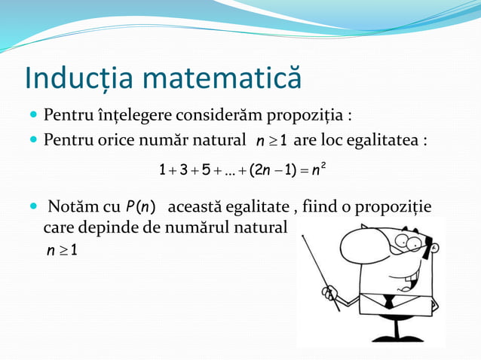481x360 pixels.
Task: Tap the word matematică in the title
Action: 220,79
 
